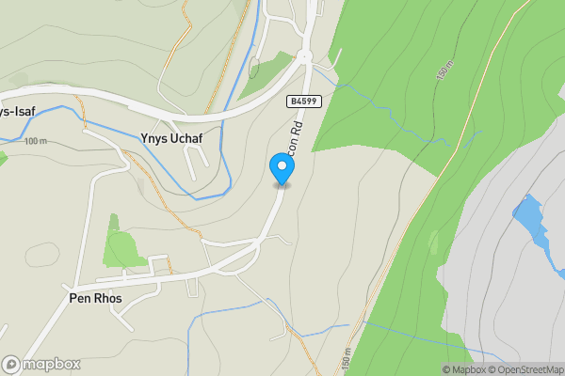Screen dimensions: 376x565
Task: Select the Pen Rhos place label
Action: (x=95, y=298)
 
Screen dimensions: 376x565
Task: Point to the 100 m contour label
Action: (x=36, y=141)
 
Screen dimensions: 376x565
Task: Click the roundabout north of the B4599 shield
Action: (x=304, y=57)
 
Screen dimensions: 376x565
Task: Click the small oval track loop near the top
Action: (x=253, y=68)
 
